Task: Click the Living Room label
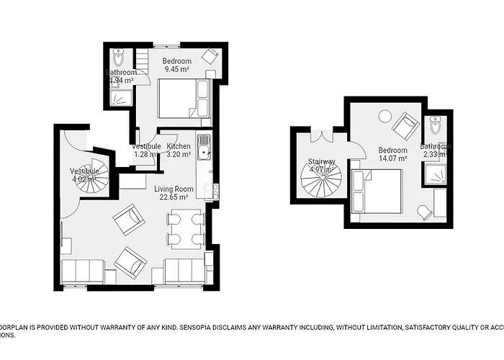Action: point(171,189)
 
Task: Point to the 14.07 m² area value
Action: point(393,158)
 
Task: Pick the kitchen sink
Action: point(204,147)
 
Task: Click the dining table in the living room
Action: point(186,229)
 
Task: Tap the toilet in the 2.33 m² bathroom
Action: point(434,127)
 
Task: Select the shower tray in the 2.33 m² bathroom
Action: point(435,174)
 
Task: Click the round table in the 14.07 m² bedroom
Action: point(384,115)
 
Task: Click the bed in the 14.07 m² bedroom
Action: point(377,191)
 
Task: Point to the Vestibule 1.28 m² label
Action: point(146,150)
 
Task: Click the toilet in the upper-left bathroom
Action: point(120,55)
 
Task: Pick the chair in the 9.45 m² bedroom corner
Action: point(209,56)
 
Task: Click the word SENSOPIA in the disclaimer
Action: point(157,326)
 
